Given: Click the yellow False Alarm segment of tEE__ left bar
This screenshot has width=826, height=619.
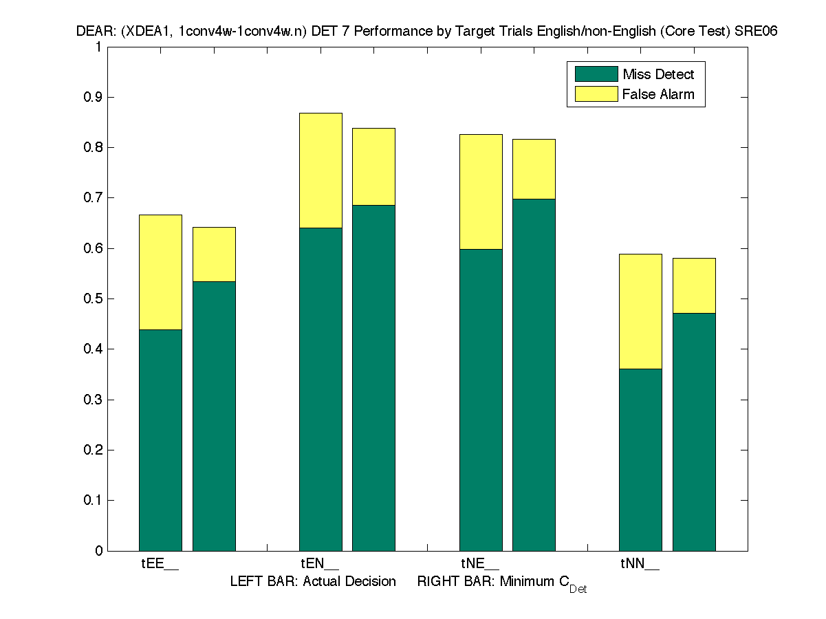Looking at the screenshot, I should [x=160, y=272].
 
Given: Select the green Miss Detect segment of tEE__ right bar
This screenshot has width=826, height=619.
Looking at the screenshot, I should [x=214, y=415].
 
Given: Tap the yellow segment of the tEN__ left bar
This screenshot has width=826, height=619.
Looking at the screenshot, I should [x=320, y=171].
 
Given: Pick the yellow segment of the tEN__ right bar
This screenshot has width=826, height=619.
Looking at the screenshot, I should [x=373, y=166].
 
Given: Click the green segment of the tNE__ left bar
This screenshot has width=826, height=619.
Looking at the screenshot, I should [x=481, y=400].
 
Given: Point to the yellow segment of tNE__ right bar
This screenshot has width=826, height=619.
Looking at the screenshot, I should [x=534, y=169].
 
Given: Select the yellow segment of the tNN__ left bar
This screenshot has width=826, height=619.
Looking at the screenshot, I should [x=640, y=312].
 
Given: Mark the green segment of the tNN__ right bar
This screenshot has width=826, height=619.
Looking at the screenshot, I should [x=694, y=431].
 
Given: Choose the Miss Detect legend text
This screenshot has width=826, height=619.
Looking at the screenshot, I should [x=658, y=74].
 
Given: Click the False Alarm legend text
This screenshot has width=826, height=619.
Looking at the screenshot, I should [x=658, y=94].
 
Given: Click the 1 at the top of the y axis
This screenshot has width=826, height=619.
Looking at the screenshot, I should [x=98, y=47].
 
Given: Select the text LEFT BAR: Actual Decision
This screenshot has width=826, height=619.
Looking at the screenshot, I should [x=313, y=582].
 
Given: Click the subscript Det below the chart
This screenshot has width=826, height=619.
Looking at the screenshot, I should [x=578, y=589].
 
